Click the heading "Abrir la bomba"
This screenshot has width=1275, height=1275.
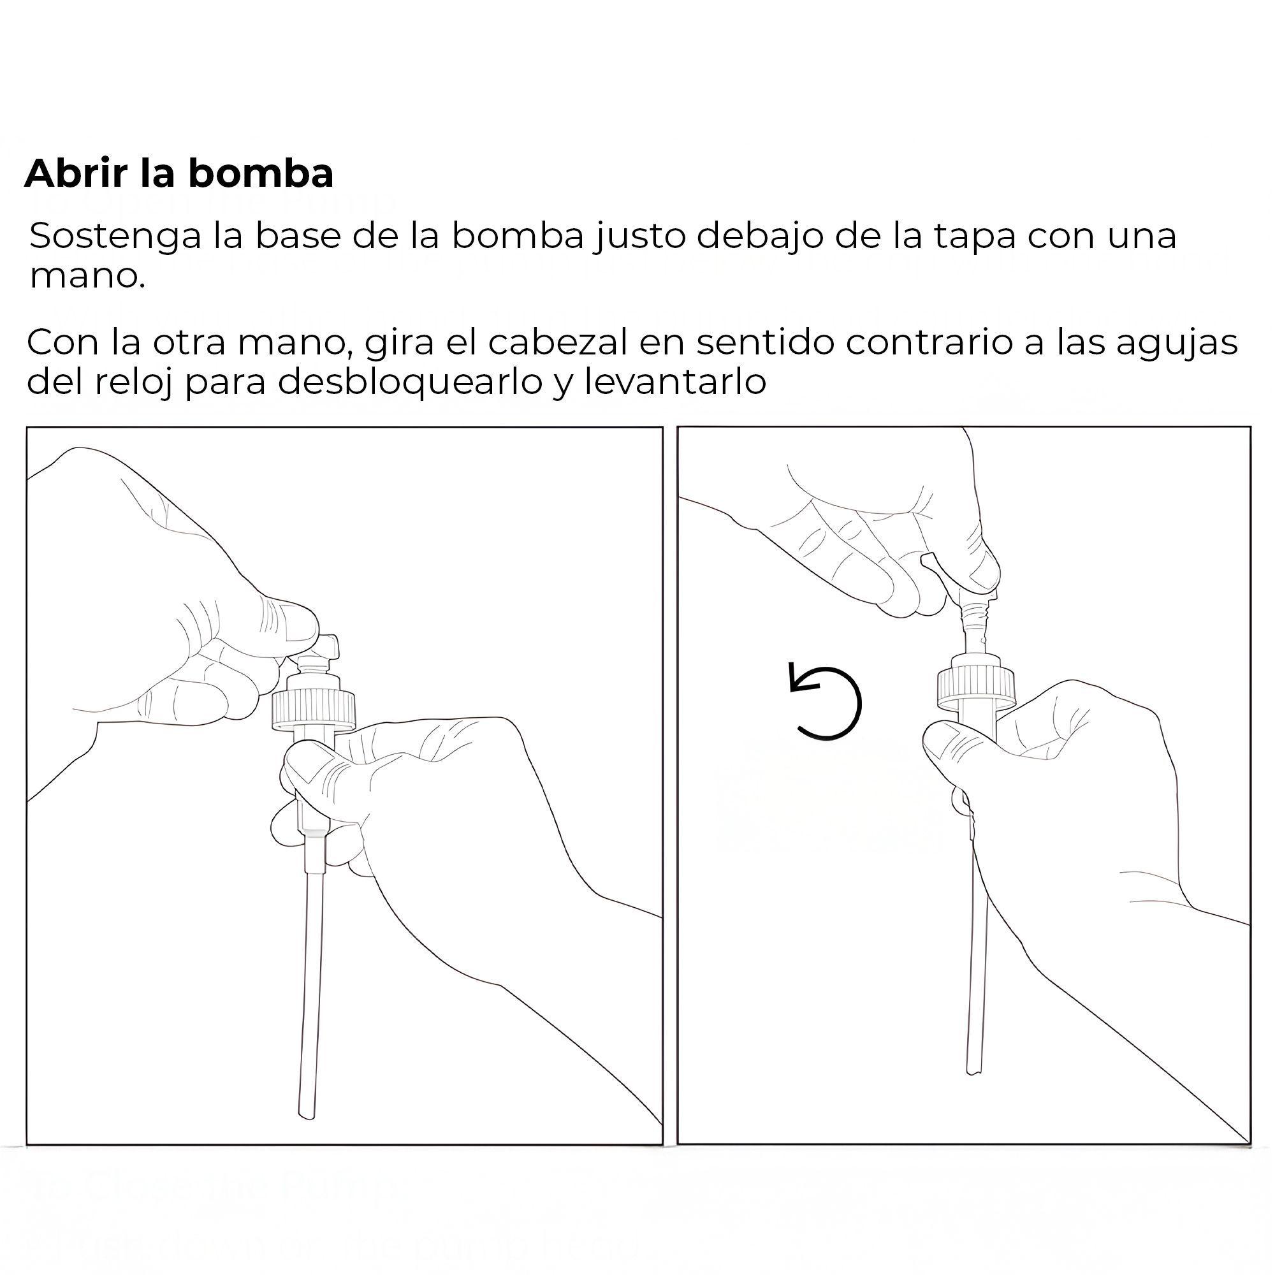coord(179,173)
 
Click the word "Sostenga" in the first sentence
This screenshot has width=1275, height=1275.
coord(115,238)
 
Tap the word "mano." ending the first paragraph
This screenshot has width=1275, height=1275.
coord(87,277)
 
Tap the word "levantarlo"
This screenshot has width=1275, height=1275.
coord(675,382)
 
